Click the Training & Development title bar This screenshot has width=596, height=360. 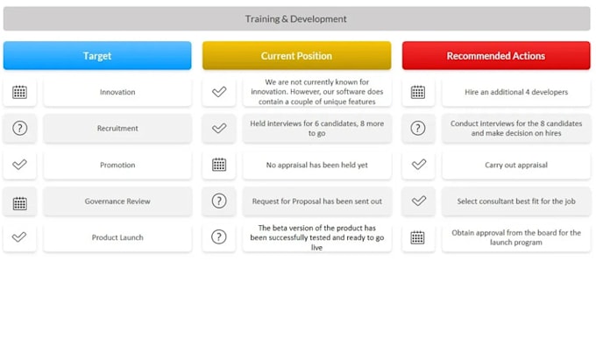(296, 18)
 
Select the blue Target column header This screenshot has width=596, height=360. (97, 56)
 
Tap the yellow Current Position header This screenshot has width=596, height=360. (296, 56)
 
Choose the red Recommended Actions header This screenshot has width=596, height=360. (496, 56)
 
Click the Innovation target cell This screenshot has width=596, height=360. (117, 92)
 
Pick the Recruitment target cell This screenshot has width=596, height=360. (117, 129)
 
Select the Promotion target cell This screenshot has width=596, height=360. (117, 165)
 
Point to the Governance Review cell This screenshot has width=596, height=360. (117, 201)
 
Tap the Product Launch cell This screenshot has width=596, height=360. (117, 237)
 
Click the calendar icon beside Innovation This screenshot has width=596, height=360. (19, 92)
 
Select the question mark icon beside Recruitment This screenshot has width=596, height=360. (19, 129)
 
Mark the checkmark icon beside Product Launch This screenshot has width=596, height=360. (19, 237)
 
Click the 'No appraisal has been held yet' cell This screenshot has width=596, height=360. (317, 165)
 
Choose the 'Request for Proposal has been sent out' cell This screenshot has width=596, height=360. (317, 201)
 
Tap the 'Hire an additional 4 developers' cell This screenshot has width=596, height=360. (516, 92)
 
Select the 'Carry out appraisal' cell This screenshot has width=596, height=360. (516, 165)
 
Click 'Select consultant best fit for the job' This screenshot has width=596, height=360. (516, 201)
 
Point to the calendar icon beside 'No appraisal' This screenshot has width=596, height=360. (219, 165)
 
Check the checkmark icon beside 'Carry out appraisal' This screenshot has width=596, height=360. (418, 165)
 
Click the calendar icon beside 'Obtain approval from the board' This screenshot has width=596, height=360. (418, 237)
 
